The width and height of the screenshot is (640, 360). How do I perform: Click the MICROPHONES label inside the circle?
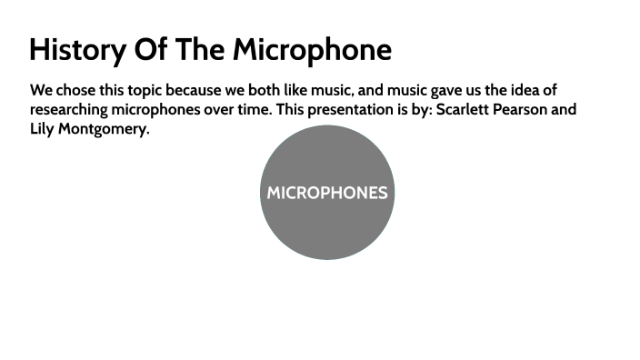327,193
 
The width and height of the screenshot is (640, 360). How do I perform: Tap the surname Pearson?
525,110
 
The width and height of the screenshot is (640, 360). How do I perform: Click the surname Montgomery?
106,129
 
